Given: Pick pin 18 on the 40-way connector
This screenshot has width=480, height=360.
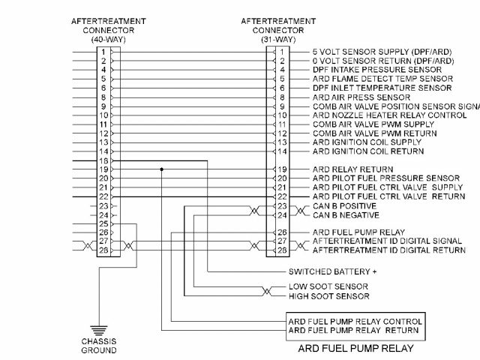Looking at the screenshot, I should [105, 160].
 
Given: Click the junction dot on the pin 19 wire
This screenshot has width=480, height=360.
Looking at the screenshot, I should [161, 169].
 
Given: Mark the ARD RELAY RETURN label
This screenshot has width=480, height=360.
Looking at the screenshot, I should [348, 169].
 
